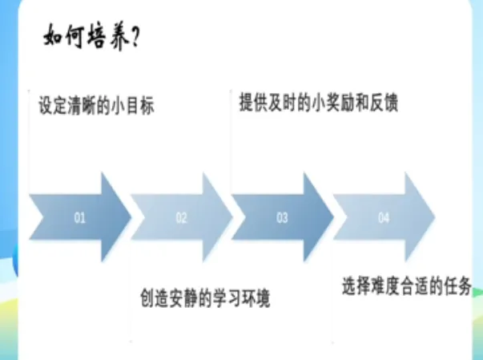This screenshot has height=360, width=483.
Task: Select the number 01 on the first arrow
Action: point(79,217)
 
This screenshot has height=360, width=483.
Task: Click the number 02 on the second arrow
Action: point(181,217)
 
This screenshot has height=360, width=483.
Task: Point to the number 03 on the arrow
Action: point(282,217)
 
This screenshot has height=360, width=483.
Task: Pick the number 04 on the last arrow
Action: point(384,217)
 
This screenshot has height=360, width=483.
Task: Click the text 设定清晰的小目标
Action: point(96,105)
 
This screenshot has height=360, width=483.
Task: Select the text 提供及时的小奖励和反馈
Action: point(318,103)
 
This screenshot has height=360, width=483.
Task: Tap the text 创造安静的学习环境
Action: point(204,297)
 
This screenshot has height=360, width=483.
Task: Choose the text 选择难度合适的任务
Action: point(412,285)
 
